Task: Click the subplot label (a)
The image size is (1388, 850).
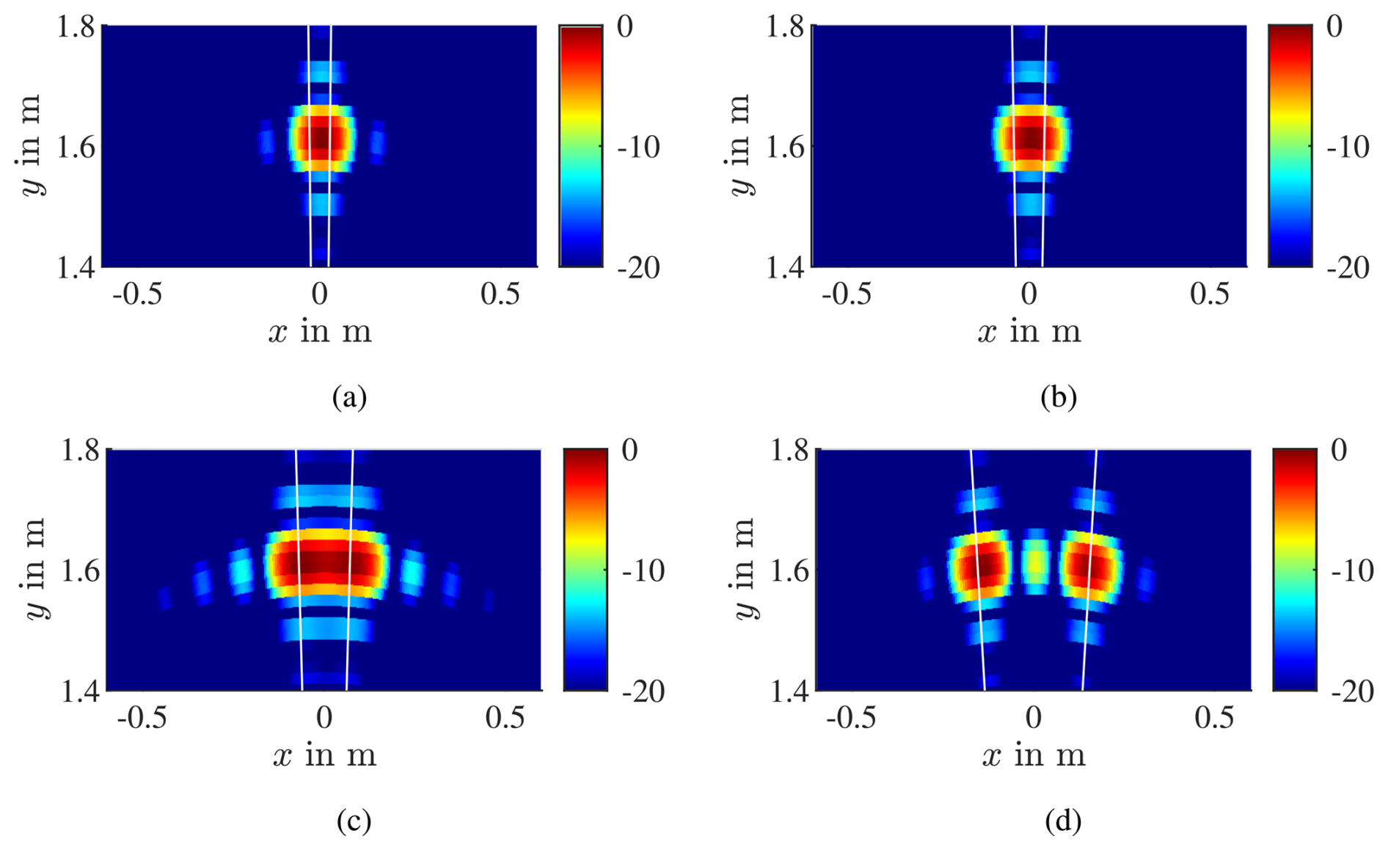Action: pos(349,397)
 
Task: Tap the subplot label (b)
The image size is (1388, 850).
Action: pos(1059,397)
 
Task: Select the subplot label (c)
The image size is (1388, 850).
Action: pos(354,821)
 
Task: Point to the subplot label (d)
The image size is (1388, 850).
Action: pos(1063,821)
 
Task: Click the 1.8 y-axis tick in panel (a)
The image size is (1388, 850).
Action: pos(76,27)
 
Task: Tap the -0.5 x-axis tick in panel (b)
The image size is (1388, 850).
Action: pos(846,294)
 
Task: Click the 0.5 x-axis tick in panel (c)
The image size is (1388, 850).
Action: pos(505,718)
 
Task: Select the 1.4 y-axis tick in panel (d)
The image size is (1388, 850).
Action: pos(789,691)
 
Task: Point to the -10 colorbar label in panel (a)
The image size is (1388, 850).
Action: pos(638,148)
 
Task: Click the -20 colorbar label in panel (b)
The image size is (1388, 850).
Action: pos(1348,268)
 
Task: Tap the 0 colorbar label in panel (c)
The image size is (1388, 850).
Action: pos(629,450)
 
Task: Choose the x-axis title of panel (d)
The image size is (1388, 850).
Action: pos(1034,755)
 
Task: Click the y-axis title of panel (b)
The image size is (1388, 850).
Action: pos(742,145)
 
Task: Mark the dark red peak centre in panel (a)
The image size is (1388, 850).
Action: pos(320,138)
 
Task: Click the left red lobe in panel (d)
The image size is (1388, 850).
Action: pos(982,567)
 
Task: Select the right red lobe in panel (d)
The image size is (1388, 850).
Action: pos(1089,567)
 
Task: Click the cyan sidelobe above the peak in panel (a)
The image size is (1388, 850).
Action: pos(321,72)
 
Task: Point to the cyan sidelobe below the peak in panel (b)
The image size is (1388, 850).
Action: pos(1030,203)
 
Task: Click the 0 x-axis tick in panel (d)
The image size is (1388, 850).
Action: pos(1034,718)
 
